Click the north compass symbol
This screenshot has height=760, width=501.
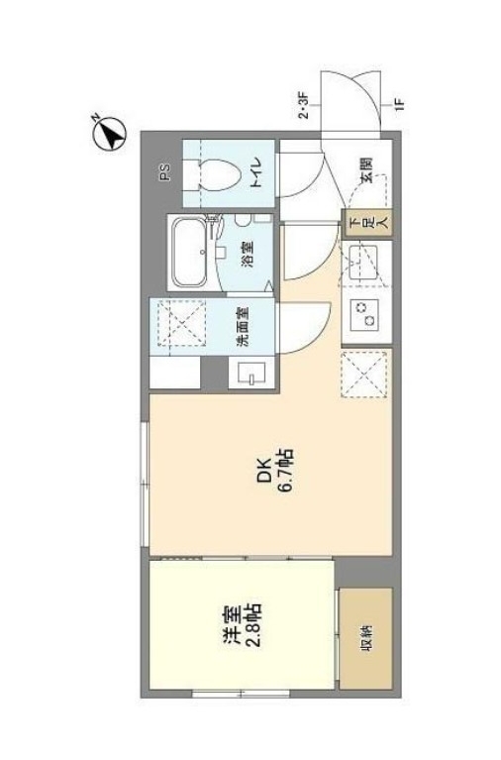[110, 132]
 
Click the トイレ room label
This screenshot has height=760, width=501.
[254, 173]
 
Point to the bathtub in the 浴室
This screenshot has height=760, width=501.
[187, 252]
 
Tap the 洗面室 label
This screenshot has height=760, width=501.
[242, 325]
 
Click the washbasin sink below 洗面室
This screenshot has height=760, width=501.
[248, 373]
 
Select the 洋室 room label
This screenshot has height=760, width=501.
[229, 628]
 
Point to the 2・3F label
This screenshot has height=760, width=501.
[304, 104]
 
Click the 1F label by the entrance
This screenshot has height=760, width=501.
[399, 102]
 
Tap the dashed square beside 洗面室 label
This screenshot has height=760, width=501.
[183, 324]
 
